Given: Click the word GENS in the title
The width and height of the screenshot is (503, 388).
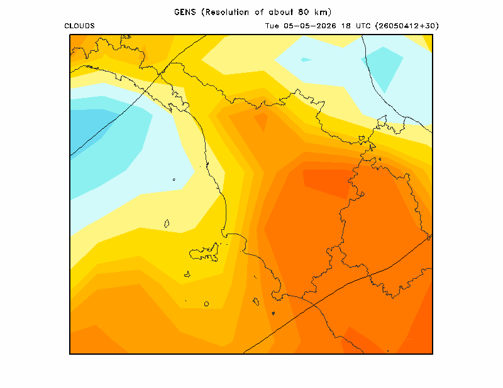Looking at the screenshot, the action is pos(185,12).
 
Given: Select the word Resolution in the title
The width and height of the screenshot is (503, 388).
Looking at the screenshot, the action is pos(227,12).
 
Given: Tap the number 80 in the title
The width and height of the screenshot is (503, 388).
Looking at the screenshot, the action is pos(303,12).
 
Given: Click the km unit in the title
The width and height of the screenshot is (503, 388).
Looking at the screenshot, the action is pos(321,12).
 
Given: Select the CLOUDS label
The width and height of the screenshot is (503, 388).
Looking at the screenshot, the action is pos(80,26).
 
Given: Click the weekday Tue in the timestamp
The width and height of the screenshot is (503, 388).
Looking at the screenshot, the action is pos(272,26).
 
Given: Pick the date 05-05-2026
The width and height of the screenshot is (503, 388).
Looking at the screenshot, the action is pos(310,26).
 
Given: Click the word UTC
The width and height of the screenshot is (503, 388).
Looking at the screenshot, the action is pos(363,26).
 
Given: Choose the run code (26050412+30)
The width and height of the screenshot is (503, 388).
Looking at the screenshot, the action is pos(407,26).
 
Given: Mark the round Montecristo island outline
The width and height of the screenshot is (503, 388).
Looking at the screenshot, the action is pos(206,304).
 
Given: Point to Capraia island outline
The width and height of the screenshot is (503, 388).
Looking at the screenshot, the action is pos(167,224).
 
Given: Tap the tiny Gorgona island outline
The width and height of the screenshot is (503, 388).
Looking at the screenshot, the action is pos(174,180).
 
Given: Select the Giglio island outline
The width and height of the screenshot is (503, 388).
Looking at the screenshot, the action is pos(256,301).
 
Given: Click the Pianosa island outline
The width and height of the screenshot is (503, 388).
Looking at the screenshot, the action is pos(187,274).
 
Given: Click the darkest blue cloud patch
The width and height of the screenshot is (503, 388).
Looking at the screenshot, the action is pos(88,128).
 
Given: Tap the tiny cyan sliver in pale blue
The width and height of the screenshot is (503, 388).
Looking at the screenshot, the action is pos(306,60).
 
